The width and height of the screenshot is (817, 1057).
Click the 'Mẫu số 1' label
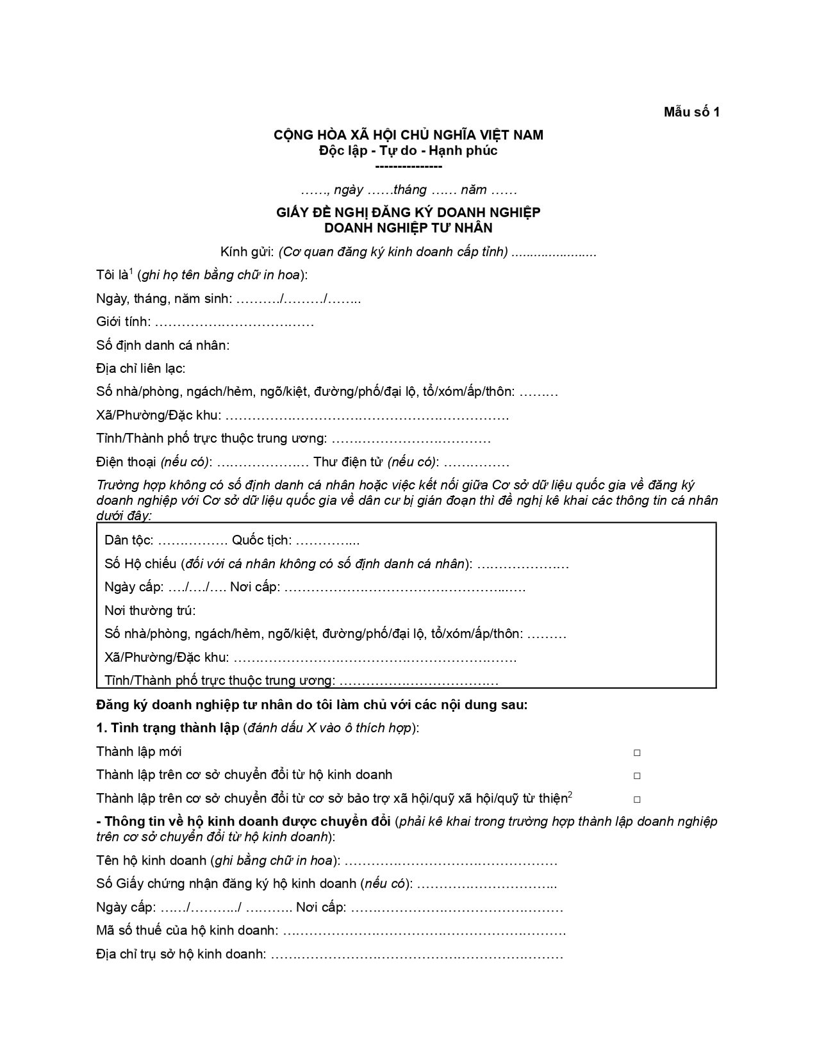(x=691, y=112)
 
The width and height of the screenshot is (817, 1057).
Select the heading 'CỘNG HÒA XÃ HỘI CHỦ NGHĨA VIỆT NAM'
(x=408, y=135)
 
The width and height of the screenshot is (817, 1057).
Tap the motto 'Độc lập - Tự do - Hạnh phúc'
(x=408, y=151)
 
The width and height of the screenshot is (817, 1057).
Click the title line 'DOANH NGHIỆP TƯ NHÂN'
(x=408, y=227)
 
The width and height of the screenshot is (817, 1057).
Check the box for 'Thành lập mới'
(x=637, y=753)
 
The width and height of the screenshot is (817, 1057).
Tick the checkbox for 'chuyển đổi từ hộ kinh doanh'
(x=637, y=776)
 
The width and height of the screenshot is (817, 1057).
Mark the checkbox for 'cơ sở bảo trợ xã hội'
(x=637, y=799)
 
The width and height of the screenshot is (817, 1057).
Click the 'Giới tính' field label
(x=123, y=322)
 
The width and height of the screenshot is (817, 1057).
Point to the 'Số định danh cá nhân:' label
(x=163, y=345)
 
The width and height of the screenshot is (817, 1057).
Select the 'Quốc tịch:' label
(x=261, y=540)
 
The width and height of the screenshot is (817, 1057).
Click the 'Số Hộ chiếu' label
(x=140, y=564)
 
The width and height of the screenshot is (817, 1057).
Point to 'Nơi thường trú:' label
(x=150, y=610)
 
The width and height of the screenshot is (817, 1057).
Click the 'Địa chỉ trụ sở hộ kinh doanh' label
(x=181, y=954)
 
